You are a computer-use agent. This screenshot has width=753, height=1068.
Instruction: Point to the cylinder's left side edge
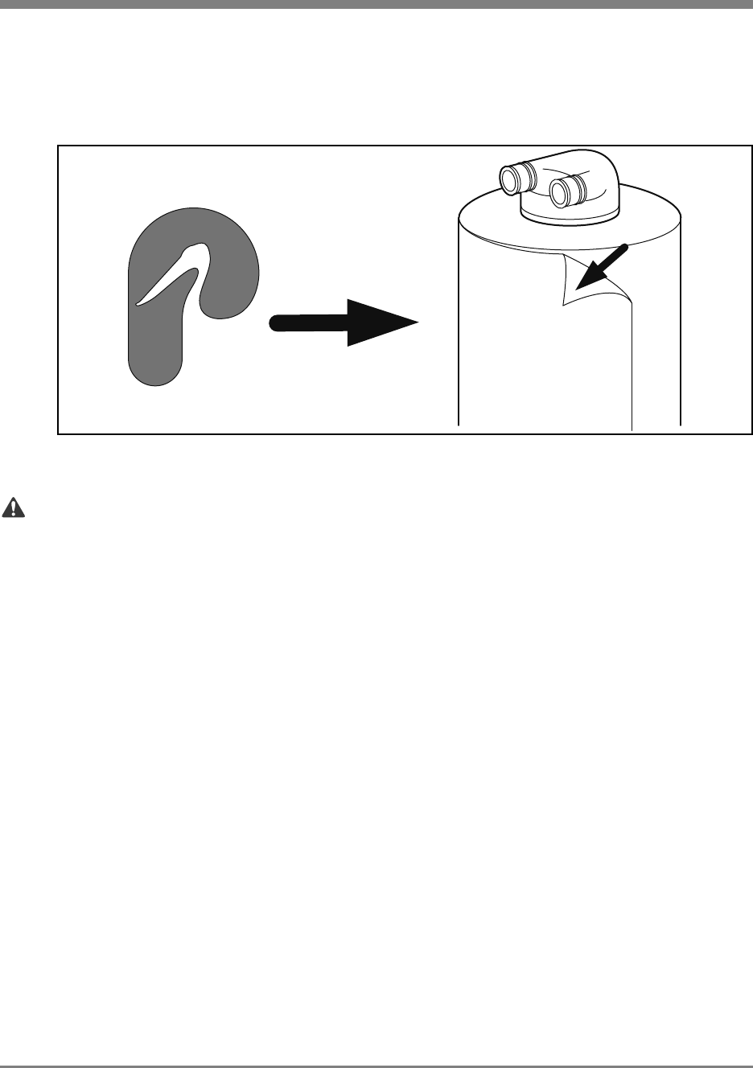459,338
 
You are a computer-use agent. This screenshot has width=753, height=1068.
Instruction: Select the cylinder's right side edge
681,338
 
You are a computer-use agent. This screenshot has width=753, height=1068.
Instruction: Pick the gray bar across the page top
376,3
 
